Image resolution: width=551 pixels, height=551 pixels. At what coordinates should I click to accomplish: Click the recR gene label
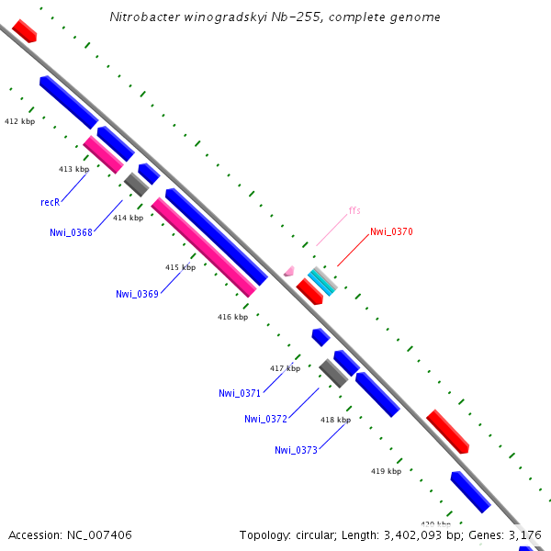tap(50, 201)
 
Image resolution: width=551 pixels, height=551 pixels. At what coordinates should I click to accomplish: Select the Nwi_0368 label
tap(71, 232)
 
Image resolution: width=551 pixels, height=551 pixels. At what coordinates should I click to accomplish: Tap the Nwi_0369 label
tap(137, 294)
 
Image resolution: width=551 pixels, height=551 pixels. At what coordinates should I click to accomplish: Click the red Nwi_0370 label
tap(391, 232)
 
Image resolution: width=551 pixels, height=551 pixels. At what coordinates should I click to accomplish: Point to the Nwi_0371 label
tap(240, 393)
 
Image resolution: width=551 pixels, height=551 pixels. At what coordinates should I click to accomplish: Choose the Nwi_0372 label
tap(265, 419)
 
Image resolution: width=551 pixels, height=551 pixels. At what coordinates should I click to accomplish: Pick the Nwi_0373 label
tap(296, 450)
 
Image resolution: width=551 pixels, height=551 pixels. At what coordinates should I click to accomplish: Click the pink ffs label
tap(354, 211)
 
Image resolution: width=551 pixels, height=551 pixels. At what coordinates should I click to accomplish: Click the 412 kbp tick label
tap(19, 121)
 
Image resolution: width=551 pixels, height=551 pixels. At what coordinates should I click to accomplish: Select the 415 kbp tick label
tap(180, 267)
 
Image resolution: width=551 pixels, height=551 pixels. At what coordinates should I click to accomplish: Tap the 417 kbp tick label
tap(285, 368)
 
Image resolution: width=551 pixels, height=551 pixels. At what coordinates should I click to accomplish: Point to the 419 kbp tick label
tap(386, 471)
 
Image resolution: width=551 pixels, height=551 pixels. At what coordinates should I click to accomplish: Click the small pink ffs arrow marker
tap(289, 271)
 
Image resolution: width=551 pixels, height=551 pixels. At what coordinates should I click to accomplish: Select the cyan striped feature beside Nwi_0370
tap(321, 281)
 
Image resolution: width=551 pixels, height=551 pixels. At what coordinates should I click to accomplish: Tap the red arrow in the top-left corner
tap(25, 30)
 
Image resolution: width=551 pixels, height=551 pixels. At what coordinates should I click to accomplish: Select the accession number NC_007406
tap(100, 534)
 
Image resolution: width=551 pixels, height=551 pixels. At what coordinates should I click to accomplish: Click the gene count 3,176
tap(524, 534)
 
